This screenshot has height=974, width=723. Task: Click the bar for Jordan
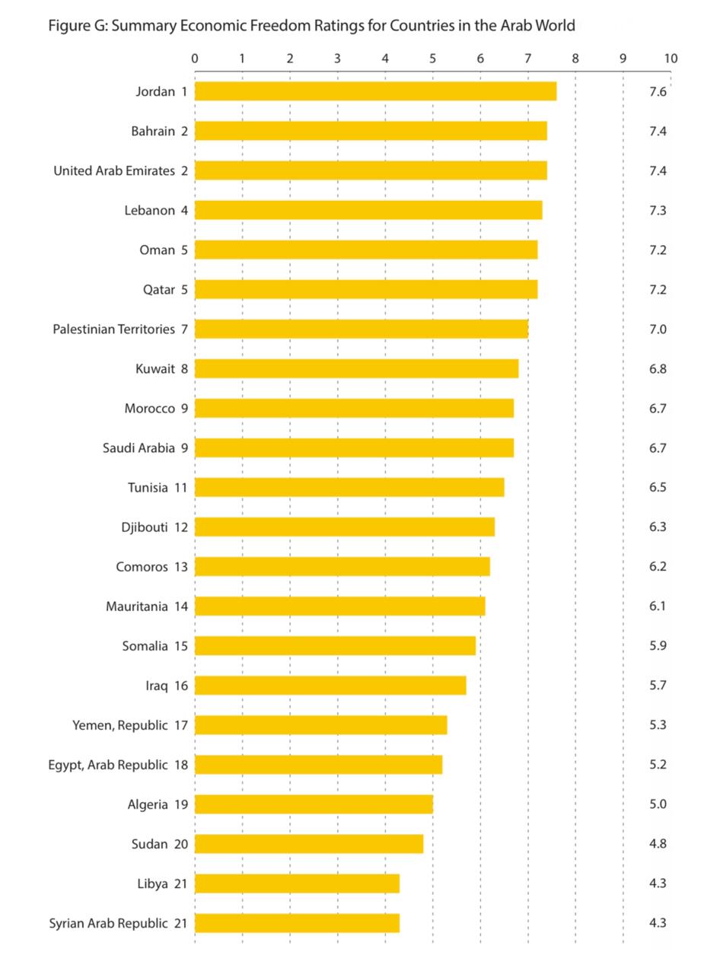tap(375, 91)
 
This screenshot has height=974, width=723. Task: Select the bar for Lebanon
tap(368, 210)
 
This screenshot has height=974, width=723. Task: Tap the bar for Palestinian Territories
tap(361, 329)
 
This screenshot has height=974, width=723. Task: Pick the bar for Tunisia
tap(349, 487)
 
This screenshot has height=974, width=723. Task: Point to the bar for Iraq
tap(330, 686)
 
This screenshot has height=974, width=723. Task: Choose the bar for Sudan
tap(309, 844)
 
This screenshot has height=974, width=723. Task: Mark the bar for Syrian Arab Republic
tap(297, 923)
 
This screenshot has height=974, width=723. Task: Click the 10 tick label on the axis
tap(670, 59)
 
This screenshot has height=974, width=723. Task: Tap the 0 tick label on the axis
tap(195, 59)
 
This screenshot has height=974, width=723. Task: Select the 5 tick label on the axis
tap(433, 59)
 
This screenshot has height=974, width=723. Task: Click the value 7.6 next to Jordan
tap(658, 91)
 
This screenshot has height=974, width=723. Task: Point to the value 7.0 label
tap(658, 329)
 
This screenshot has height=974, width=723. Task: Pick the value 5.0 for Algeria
tap(658, 804)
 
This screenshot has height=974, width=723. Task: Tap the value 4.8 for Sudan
tap(658, 844)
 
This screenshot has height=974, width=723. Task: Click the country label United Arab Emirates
tap(114, 170)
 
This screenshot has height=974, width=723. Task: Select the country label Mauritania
tap(137, 606)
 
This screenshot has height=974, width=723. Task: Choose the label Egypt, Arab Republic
tap(107, 765)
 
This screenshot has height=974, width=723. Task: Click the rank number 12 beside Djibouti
tap(180, 527)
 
